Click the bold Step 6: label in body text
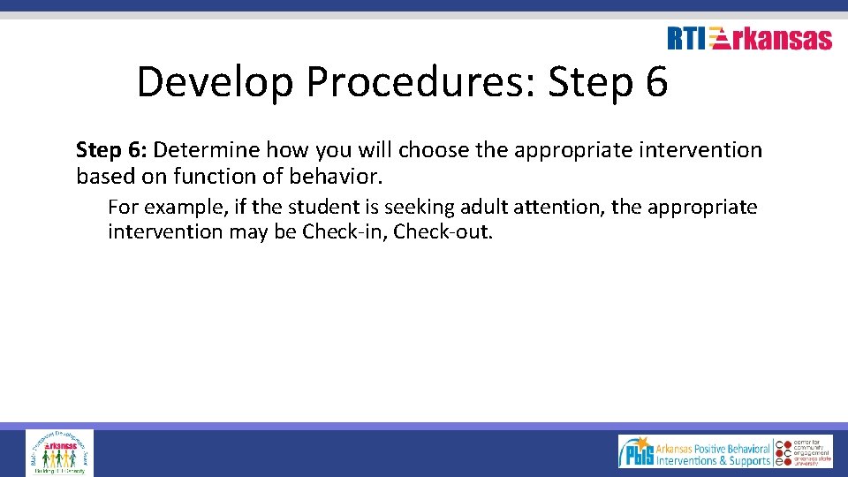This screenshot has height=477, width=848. [111, 150]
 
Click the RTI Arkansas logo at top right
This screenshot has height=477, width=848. [749, 38]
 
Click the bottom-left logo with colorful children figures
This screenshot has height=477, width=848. [59, 452]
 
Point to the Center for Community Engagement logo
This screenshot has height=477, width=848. [804, 451]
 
